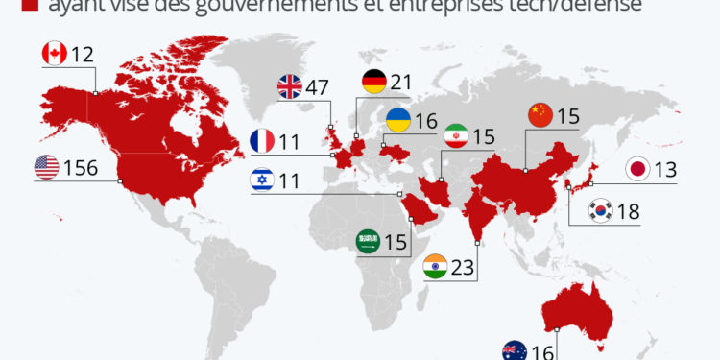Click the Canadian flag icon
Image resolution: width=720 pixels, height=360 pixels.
coord(55,54)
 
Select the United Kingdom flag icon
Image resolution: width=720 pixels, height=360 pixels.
coord(290,87)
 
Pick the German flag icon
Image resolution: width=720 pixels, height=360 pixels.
coord(374,83)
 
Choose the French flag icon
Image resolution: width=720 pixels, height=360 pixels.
coord(262,141)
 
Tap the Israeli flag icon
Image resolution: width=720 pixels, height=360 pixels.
coord(262,179)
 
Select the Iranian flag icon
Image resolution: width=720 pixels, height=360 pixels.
coord(456,137)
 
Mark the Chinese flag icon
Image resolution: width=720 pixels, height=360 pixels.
coord(540,116)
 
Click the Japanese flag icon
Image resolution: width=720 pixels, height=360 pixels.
coord(636,170)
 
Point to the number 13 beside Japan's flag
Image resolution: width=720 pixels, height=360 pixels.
coord(665,170)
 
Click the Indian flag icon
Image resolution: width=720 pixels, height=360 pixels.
coord(435,267)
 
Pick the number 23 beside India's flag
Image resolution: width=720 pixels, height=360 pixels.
coord(463,267)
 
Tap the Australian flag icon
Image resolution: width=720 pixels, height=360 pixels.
coord(515,351)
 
